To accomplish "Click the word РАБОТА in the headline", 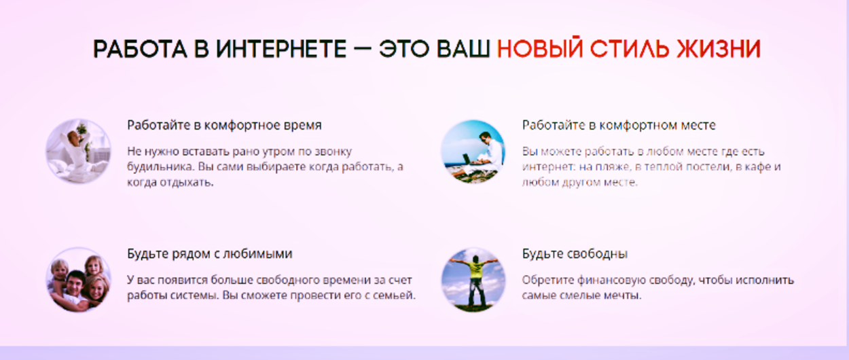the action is (140, 50).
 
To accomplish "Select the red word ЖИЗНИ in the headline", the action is (719, 50).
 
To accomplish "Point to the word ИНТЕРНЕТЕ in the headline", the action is (281, 50).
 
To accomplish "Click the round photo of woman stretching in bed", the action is (78, 151).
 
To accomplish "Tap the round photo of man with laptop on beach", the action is (473, 151).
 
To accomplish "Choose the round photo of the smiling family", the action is (78, 280).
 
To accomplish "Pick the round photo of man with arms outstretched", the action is (473, 280).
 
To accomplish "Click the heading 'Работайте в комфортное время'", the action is (224, 125).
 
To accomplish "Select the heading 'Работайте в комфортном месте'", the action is (619, 125).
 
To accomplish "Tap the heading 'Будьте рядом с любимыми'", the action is (210, 253).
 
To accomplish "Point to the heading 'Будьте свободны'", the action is (575, 253).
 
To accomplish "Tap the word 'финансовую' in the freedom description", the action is (611, 281).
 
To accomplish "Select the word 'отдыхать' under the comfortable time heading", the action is (187, 183).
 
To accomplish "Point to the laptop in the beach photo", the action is (467, 159).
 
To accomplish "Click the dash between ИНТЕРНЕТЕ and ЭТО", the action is (363, 50).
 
